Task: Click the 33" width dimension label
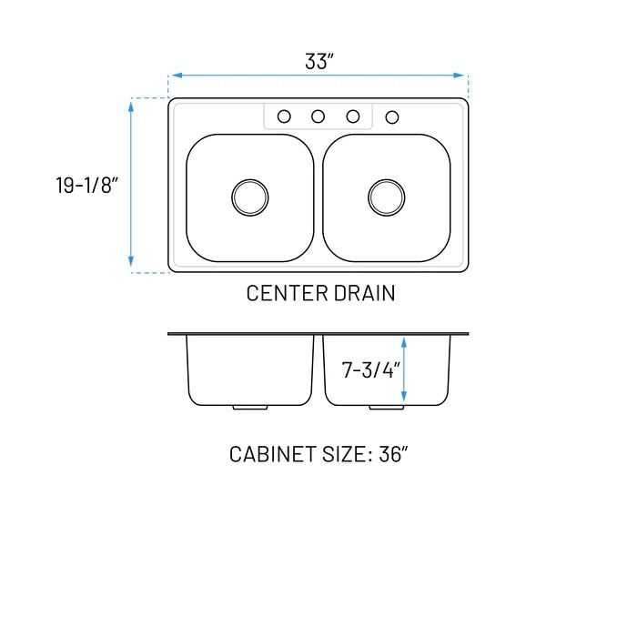(x=319, y=62)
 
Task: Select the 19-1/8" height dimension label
(x=86, y=186)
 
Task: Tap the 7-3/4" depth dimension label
(x=369, y=370)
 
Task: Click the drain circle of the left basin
(x=250, y=197)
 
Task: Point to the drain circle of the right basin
(x=387, y=197)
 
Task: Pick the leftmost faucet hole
(x=284, y=116)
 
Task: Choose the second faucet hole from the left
(x=318, y=116)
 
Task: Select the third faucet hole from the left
(x=353, y=116)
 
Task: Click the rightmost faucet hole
(x=392, y=117)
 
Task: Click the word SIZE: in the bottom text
(x=343, y=454)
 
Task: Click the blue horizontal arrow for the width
(x=318, y=76)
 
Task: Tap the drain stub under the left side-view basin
(x=250, y=407)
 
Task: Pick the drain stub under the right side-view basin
(x=387, y=407)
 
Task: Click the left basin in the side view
(x=250, y=369)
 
